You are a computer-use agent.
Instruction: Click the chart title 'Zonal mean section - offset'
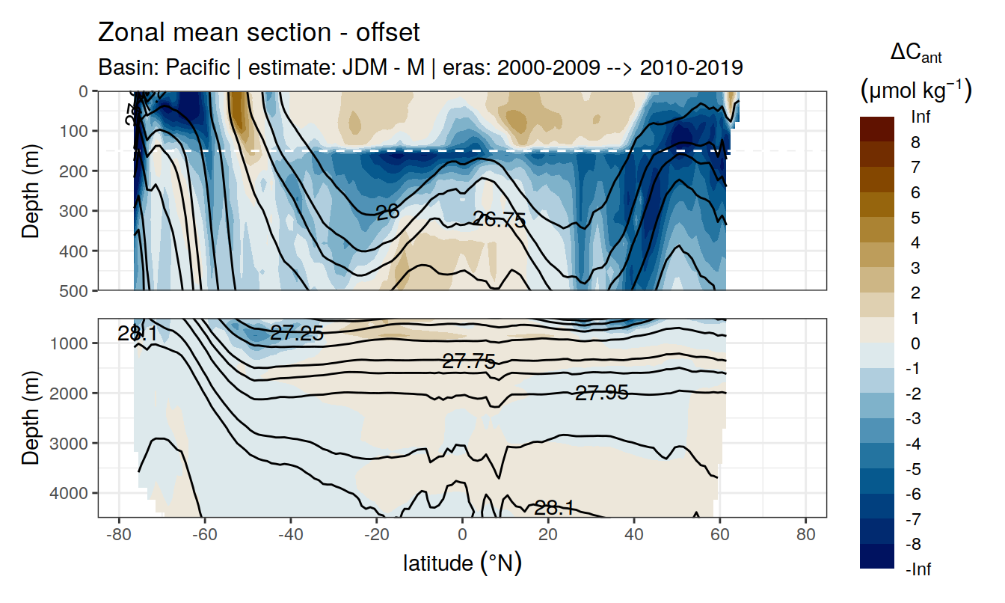(x=259, y=33)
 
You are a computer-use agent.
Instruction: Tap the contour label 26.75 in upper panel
(x=500, y=219)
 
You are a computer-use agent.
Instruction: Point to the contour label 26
(x=387, y=212)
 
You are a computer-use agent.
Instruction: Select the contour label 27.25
(x=297, y=334)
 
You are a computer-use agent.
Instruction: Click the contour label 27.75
(x=469, y=362)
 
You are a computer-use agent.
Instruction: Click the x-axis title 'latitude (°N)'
(x=462, y=562)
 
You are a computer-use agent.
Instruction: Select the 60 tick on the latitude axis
(x=719, y=535)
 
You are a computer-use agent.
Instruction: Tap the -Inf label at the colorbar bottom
(x=918, y=570)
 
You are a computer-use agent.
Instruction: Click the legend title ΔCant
(x=915, y=54)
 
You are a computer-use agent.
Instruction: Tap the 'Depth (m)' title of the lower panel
(x=31, y=417)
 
